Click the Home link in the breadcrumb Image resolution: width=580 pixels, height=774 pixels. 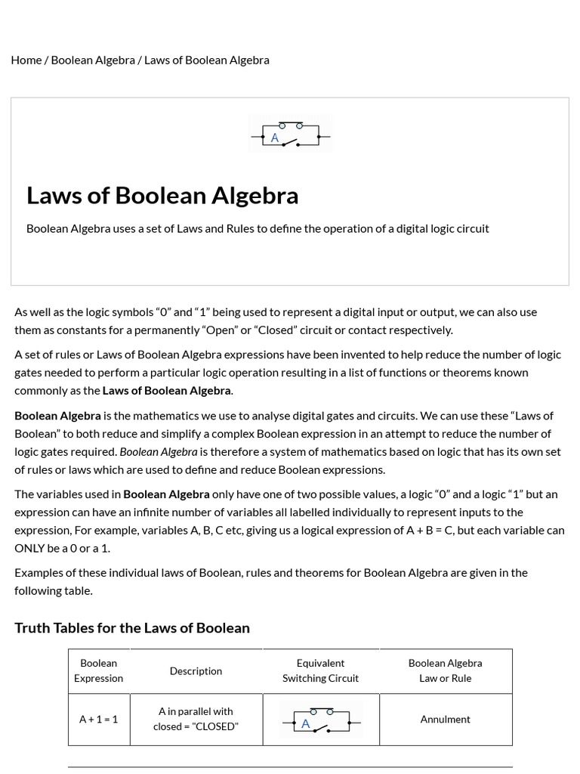(26, 60)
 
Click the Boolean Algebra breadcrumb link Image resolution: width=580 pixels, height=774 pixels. (93, 60)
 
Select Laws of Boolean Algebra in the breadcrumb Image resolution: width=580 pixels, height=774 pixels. (206, 60)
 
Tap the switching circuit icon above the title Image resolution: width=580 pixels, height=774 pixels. (290, 135)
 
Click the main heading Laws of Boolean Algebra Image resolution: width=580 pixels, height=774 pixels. (162, 195)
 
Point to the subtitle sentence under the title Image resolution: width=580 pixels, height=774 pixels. (258, 228)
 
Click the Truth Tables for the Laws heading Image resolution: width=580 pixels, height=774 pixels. (132, 628)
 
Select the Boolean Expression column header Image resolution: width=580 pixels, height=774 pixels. (99, 670)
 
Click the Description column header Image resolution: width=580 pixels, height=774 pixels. (196, 671)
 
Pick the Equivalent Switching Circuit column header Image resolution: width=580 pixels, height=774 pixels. (321, 670)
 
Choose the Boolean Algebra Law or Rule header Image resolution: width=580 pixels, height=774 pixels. (446, 670)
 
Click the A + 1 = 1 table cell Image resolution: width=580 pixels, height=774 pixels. (99, 720)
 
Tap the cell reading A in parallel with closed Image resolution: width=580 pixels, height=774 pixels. (196, 719)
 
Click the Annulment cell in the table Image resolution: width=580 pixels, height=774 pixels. (446, 720)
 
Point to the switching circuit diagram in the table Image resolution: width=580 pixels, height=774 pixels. (321, 720)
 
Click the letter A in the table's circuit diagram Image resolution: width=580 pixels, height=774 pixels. (306, 724)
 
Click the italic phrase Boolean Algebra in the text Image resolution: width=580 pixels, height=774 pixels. (159, 451)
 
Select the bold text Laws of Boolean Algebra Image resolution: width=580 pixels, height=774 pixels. (167, 391)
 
